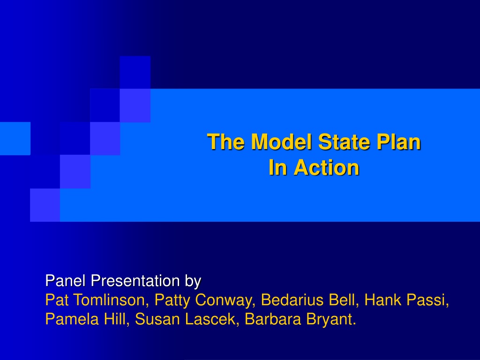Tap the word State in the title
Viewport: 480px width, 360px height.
click(x=344, y=142)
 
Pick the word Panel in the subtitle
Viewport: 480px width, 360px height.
click(x=65, y=280)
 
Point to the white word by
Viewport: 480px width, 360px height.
click(x=193, y=281)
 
